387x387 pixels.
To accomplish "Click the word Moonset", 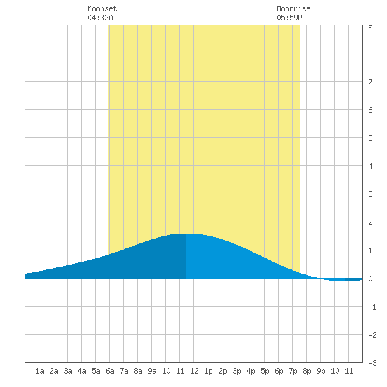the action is tap(102, 8).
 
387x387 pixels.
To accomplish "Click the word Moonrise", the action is tap(293, 8).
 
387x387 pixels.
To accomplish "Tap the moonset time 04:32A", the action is tap(100, 18).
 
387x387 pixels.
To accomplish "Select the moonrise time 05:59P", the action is tap(289, 18).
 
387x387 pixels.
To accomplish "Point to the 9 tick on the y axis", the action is tap(370, 25).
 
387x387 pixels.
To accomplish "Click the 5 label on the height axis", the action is tap(370, 138).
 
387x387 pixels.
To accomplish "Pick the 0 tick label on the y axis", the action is tap(370, 279).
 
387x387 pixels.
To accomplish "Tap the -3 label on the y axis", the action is tap(372, 363).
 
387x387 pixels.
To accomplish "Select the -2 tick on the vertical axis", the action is tap(372, 335).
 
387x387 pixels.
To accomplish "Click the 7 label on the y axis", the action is tap(370, 82).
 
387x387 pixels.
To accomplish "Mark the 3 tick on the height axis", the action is tap(370, 194).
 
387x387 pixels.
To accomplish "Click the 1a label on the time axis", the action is tap(39, 371).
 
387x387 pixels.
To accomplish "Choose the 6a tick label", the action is tap(110, 371).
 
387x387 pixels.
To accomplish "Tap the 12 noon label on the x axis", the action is tap(194, 371).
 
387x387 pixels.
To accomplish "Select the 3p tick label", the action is tap(236, 371).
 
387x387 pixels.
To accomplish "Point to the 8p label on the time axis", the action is tap(307, 371).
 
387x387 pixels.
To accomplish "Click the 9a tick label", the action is tap(152, 371).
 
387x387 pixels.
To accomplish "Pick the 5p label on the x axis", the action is tap(265, 371).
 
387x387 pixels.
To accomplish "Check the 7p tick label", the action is tap(293, 371).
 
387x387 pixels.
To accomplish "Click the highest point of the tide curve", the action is tap(186, 234).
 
